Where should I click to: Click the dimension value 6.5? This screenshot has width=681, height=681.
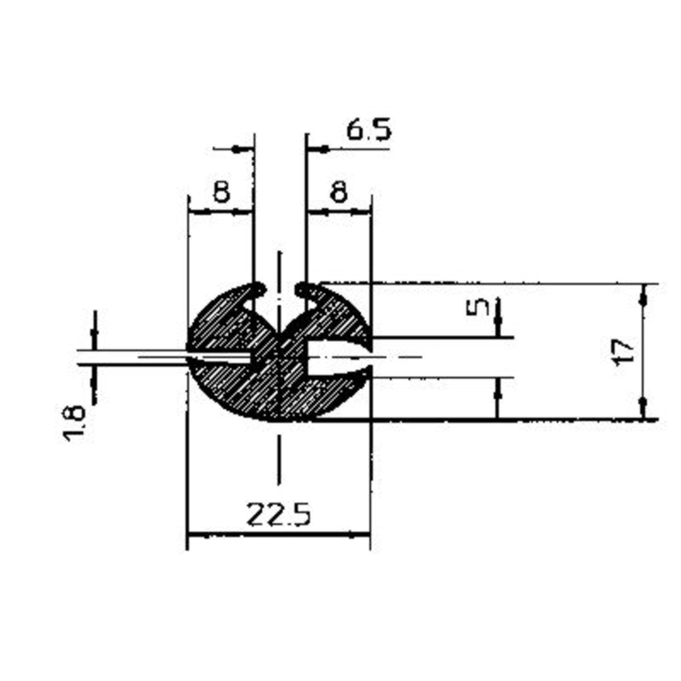[368, 129]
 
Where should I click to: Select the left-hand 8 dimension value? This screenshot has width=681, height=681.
[221, 193]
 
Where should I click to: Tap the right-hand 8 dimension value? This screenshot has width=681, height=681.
[338, 193]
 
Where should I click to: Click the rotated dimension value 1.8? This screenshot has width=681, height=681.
[74, 423]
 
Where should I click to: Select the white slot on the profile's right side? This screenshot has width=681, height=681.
[337, 356]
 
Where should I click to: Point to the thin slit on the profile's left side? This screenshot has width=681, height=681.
[218, 356]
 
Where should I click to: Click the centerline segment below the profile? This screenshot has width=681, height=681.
[279, 460]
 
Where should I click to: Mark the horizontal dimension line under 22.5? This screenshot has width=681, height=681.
[279, 535]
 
